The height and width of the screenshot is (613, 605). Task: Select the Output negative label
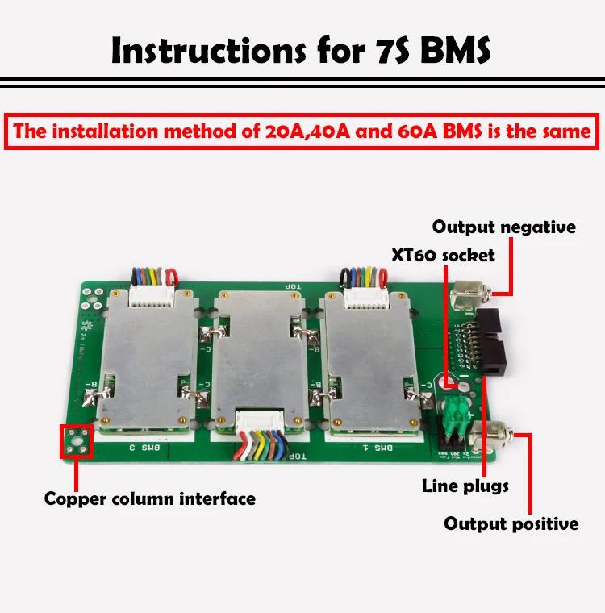pyautogui.click(x=504, y=227)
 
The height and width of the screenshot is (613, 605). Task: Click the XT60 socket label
pyautogui.click(x=443, y=255)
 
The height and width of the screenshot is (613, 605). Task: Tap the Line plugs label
pyautogui.click(x=465, y=486)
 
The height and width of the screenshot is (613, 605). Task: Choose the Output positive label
pyautogui.click(x=511, y=523)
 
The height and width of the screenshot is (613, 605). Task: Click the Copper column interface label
pyautogui.click(x=149, y=498)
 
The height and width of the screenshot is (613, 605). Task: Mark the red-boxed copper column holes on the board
pyautogui.click(x=77, y=440)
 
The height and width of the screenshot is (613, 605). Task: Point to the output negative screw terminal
pyautogui.click(x=465, y=299)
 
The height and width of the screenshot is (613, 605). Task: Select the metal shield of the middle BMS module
pyautogui.click(x=258, y=355)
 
